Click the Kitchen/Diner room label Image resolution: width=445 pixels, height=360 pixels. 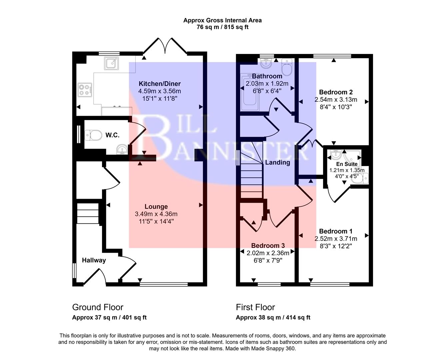[160, 84]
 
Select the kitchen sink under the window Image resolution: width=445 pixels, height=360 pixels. [110, 63]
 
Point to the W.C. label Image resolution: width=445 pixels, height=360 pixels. [112, 135]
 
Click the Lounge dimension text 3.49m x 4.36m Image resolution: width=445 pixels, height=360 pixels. [156, 214]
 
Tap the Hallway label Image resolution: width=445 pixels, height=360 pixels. [94, 260]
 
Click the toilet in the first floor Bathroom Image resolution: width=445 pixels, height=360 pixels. [286, 67]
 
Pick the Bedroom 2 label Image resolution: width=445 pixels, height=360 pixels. [336, 92]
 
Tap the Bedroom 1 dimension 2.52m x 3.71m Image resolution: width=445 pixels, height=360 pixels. [336, 239]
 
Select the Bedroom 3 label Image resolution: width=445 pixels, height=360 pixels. [268, 246]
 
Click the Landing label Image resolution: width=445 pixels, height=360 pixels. [277, 163]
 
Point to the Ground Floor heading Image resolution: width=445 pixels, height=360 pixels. [98, 307]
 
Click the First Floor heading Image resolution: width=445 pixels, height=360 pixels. [255, 307]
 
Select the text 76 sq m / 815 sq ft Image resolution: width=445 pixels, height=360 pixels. [222, 27]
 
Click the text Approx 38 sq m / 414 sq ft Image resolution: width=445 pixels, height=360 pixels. [273, 318]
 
